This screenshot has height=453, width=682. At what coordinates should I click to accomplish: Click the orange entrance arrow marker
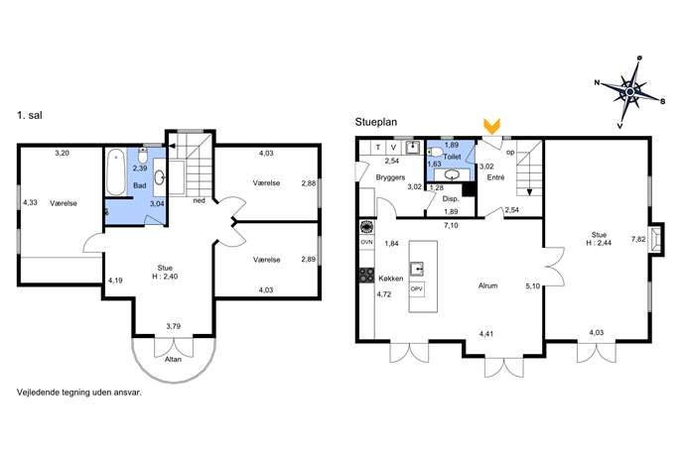492,126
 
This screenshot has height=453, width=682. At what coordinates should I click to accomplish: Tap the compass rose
629,91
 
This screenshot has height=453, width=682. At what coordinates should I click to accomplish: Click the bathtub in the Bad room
116,172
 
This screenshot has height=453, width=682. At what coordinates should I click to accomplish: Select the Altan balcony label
173,359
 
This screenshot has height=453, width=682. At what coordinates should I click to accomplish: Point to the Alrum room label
487,285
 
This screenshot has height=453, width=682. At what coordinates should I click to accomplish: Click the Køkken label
390,279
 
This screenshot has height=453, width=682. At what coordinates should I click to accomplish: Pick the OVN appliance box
366,242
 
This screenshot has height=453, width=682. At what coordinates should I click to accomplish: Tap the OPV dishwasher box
417,288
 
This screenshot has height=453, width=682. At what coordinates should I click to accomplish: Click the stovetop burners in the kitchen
366,276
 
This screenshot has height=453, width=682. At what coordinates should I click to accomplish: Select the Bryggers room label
390,177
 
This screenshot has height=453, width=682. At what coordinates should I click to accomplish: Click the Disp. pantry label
451,199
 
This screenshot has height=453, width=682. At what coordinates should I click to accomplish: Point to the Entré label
495,177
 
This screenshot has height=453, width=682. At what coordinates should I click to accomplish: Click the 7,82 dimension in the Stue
638,239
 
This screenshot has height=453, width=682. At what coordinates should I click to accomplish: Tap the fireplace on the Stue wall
656,239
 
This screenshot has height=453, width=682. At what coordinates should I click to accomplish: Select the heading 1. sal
30,115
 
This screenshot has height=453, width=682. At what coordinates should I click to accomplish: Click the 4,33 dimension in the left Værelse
30,202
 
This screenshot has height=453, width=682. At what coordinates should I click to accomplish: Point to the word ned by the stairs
199,200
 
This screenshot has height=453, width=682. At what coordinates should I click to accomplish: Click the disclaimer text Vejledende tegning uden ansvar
79,393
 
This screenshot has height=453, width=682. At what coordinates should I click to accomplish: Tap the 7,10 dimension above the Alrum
451,225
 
